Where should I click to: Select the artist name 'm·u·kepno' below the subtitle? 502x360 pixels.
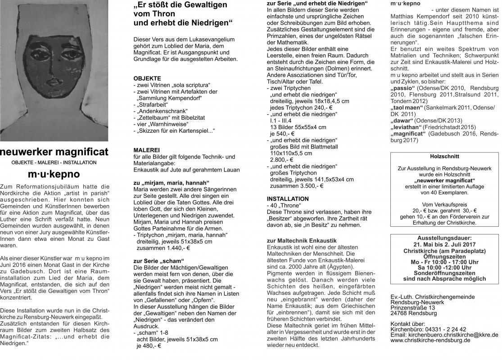click(54, 174)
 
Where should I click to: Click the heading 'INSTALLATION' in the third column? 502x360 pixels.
click(288, 198)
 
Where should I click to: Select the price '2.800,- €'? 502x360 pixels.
click(281, 159)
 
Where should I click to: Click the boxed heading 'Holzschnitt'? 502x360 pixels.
click(444, 157)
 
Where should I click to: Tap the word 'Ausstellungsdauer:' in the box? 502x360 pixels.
click(444, 238)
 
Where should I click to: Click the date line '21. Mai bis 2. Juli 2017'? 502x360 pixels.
click(444, 244)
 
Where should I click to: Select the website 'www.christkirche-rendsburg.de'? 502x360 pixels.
click(431, 340)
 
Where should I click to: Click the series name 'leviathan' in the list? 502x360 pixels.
click(408, 127)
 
